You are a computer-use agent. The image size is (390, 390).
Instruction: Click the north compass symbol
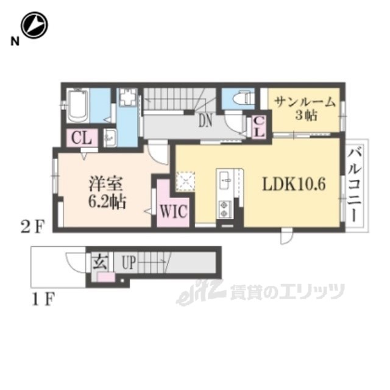tap(34, 26)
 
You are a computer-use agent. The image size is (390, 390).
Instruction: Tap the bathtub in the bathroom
tap(78, 105)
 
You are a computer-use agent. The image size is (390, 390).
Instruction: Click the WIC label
tap(173, 211)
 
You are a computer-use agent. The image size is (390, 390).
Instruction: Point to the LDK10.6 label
tap(294, 185)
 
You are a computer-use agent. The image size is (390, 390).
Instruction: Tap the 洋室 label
tap(106, 184)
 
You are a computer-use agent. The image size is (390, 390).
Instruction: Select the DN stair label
tap(205, 121)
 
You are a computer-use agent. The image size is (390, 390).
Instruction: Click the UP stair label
tap(129, 263)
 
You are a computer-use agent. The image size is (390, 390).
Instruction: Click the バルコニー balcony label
tap(355, 185)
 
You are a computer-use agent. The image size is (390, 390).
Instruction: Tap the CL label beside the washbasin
tap(82, 138)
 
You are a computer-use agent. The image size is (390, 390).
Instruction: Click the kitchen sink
tap(225, 180)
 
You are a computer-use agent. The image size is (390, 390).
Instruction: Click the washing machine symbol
tap(128, 97)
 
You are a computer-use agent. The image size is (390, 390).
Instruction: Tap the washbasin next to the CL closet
tap(110, 138)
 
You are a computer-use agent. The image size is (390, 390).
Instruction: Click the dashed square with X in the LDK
tap(185, 181)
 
